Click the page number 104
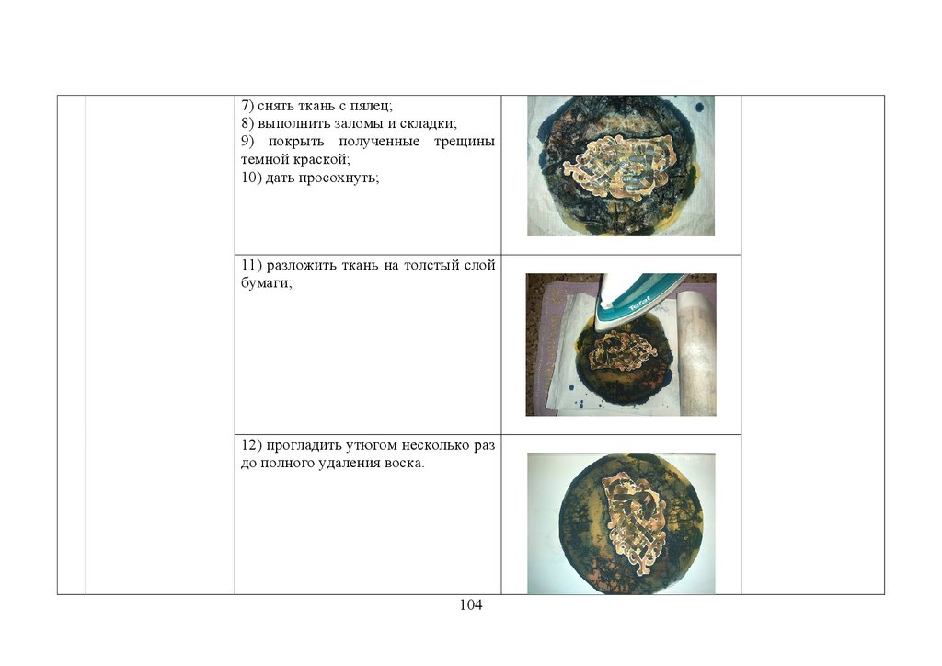(470, 604)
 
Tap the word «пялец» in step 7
(372, 107)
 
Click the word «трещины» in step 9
(465, 143)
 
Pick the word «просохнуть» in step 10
(339, 178)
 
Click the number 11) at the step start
(252, 266)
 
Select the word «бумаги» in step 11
(266, 283)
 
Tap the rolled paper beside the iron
(695, 352)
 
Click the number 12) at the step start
(252, 445)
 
